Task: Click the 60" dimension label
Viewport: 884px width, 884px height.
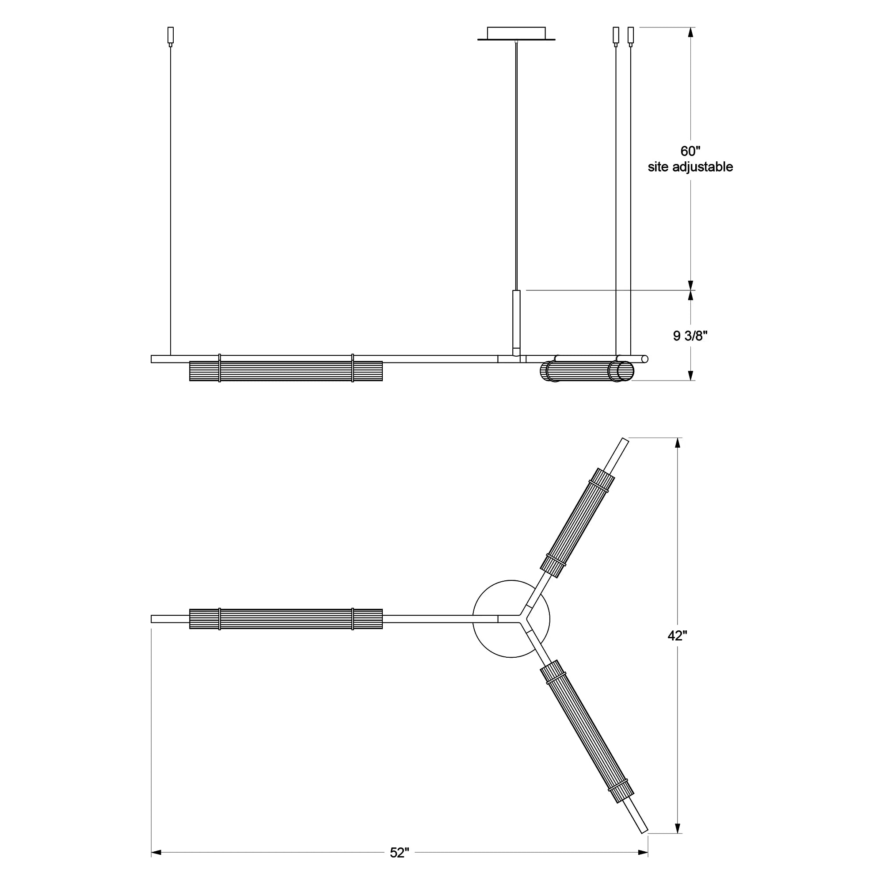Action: pyautogui.click(x=690, y=151)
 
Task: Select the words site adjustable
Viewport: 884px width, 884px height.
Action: pyautogui.click(x=690, y=167)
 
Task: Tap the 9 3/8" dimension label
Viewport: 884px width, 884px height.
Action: pyautogui.click(x=690, y=336)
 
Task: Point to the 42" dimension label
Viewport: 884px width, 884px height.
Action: pyautogui.click(x=677, y=636)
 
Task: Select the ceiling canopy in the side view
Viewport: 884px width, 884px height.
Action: pyautogui.click(x=516, y=34)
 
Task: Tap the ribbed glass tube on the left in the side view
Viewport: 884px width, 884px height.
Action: pyautogui.click(x=286, y=371)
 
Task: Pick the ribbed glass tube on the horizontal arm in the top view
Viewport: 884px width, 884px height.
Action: pyautogui.click(x=286, y=619)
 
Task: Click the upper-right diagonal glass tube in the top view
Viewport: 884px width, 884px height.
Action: pyautogui.click(x=577, y=523)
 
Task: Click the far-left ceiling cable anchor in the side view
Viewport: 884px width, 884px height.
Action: pyautogui.click(x=171, y=36)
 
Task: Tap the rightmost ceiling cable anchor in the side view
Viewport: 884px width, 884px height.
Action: pyautogui.click(x=631, y=36)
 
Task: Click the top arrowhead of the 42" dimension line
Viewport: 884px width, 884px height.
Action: pyautogui.click(x=678, y=443)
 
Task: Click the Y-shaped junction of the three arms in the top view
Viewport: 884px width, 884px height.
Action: pyautogui.click(x=521, y=619)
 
